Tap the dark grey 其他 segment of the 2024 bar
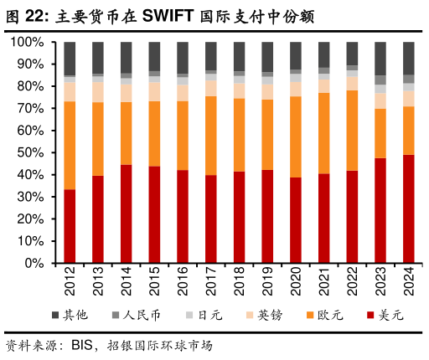(408, 58)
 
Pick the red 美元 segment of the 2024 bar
(408, 208)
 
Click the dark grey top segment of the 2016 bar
(183, 58)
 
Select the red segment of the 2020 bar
(296, 220)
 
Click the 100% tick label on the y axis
(31, 42)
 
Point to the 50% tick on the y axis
(34, 152)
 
